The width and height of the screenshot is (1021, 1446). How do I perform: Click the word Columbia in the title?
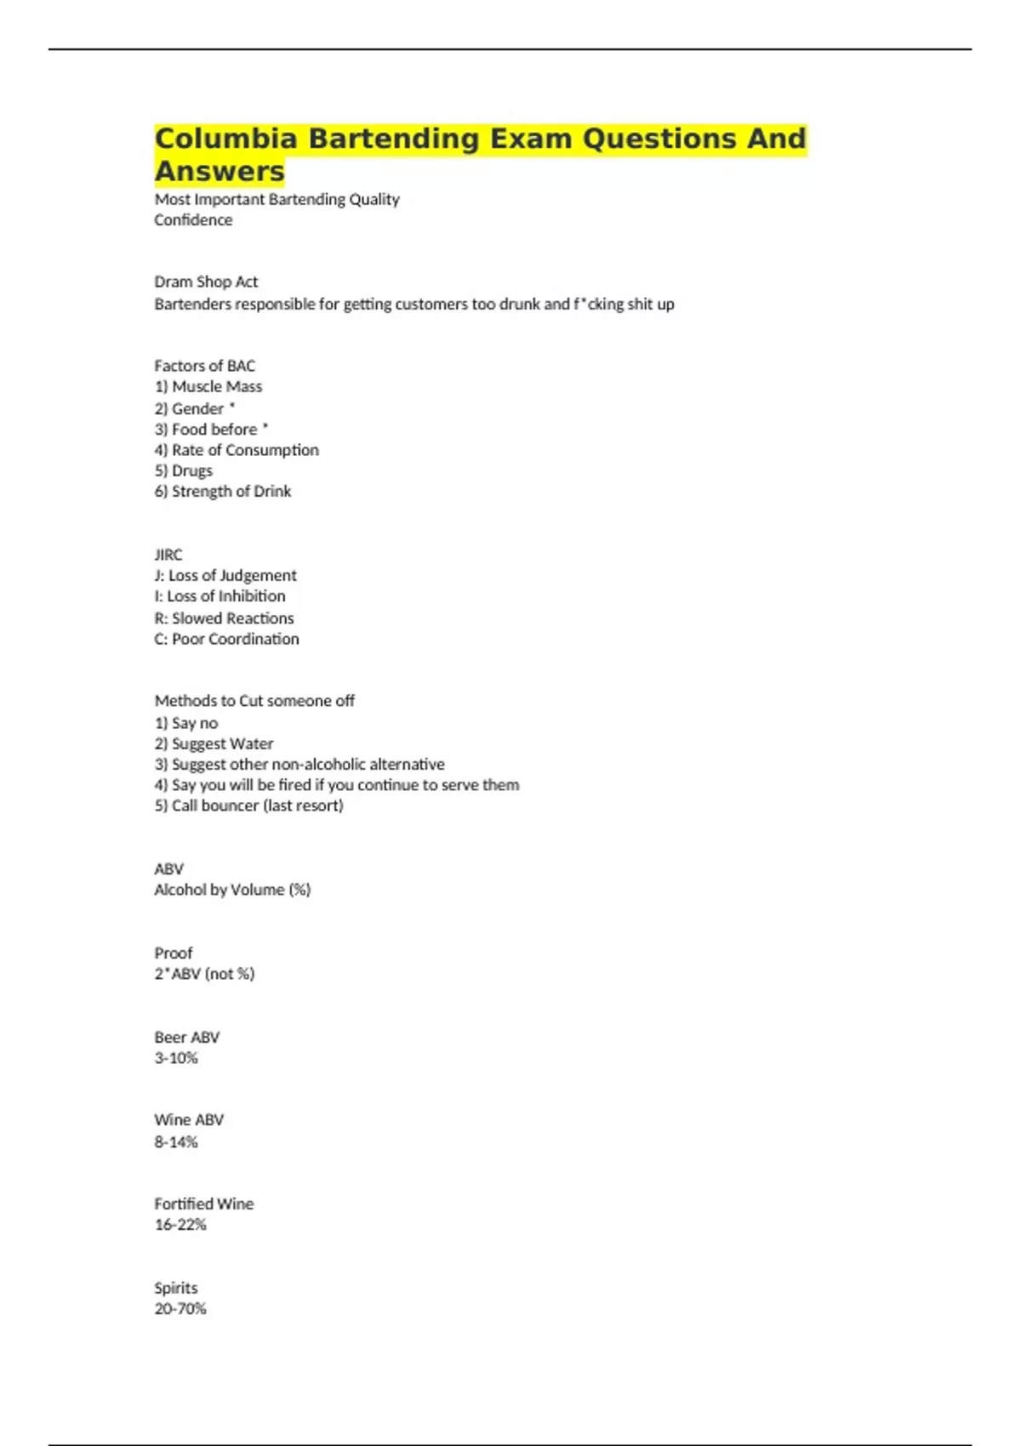click(226, 139)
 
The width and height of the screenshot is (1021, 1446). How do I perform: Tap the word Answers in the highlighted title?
click(220, 171)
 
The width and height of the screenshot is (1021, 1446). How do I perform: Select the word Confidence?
click(193, 220)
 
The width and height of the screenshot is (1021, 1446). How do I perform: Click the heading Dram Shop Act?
click(206, 282)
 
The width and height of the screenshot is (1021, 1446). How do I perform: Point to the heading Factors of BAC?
click(204, 366)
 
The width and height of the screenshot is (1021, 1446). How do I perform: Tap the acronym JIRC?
click(168, 555)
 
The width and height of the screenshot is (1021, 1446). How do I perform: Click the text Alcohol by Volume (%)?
click(232, 890)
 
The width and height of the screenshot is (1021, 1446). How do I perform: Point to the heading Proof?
click(174, 953)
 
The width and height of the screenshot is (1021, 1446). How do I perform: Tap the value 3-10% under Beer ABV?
click(176, 1058)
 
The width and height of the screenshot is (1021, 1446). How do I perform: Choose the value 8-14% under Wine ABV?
click(176, 1141)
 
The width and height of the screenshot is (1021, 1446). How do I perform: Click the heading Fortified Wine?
click(204, 1204)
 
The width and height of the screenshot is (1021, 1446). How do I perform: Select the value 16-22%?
click(180, 1225)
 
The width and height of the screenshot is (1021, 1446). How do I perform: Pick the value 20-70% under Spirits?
click(180, 1309)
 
